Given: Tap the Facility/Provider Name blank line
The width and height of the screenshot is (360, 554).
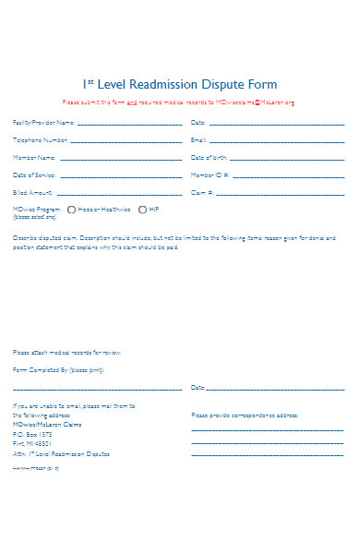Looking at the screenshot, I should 129,124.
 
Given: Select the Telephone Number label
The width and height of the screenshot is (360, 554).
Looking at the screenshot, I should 40,140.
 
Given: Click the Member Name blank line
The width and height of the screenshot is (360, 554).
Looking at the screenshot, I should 120,158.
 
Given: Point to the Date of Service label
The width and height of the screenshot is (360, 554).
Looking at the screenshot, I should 34,175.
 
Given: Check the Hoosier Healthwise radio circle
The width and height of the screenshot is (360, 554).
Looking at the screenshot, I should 72,210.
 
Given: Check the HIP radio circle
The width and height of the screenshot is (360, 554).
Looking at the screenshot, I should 142,210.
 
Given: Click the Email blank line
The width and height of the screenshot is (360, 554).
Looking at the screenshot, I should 277,141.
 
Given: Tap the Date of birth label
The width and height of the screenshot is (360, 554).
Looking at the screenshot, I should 209,158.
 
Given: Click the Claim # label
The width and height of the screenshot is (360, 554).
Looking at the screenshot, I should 202,193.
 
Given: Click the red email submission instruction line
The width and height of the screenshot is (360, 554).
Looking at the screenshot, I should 179,102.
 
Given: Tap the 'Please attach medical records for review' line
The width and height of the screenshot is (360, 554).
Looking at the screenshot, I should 66,353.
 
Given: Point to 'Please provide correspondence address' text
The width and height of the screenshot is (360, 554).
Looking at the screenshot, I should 245,415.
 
